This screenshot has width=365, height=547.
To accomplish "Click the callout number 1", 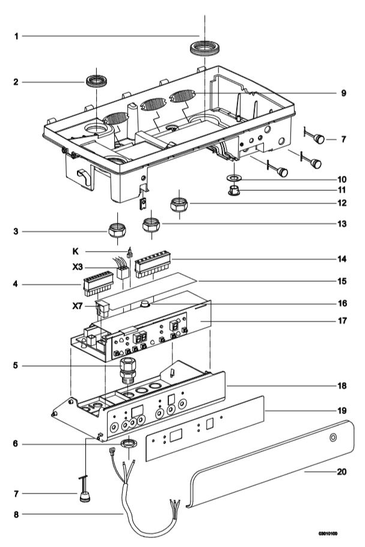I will pyautogui.click(x=17, y=36).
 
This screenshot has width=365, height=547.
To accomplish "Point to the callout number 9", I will pyautogui.click(x=343, y=93).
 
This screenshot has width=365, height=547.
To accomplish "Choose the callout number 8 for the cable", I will pyautogui.click(x=17, y=515).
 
